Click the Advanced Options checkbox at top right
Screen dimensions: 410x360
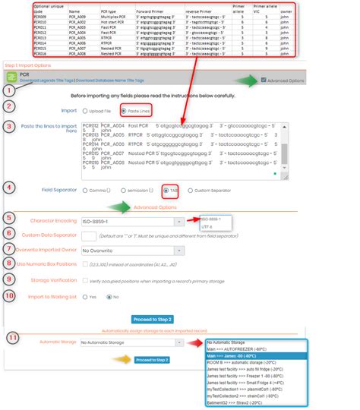(264, 80)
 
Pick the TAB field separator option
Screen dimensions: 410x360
(166, 190)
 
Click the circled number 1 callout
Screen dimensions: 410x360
(9, 90)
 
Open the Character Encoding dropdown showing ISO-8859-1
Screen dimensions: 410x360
(132, 222)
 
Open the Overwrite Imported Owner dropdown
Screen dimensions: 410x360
(132, 250)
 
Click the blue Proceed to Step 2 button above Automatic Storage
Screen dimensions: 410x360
(152, 319)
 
